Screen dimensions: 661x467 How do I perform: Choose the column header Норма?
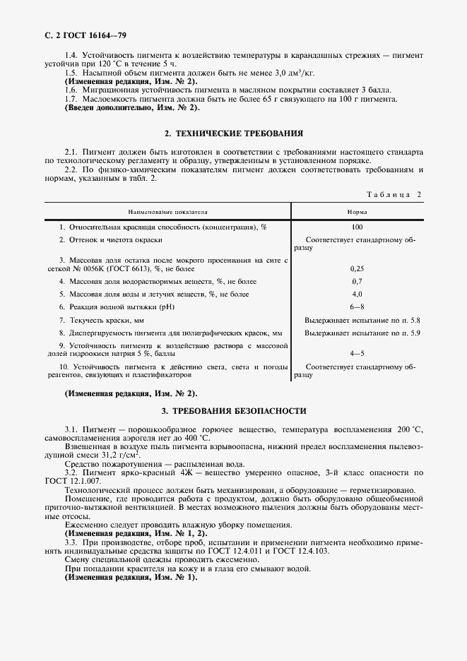356,211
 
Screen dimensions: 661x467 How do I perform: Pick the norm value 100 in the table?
356,227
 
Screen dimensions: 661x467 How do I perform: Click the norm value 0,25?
357,269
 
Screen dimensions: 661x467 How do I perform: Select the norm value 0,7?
357,281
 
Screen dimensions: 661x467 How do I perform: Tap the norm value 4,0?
357,294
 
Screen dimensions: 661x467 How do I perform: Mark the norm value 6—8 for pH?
357,306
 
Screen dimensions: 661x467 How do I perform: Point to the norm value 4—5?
357,352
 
